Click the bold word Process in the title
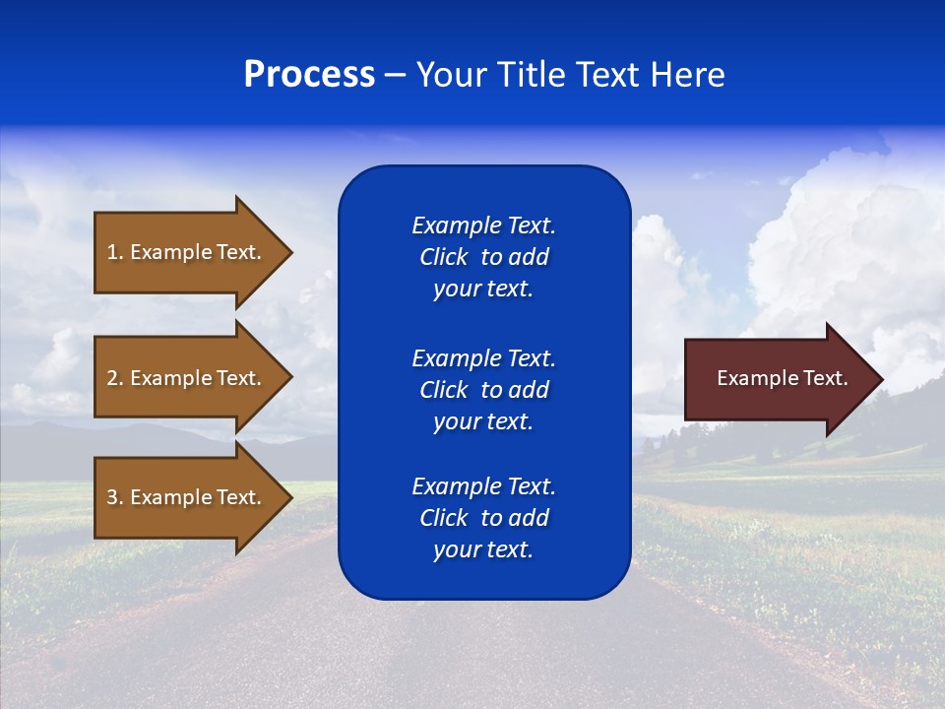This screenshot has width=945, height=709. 309,75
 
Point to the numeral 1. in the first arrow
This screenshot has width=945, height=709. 114,252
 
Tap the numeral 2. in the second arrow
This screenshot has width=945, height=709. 114,378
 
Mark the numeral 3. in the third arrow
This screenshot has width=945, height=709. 114,497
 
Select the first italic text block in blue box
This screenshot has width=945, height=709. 483,257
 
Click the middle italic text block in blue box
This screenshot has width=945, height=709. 483,390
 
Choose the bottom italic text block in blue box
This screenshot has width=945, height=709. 483,518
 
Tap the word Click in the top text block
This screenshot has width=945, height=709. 443,257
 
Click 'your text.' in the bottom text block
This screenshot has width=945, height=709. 483,549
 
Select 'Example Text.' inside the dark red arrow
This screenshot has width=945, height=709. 783,378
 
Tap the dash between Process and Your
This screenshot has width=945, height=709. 396,76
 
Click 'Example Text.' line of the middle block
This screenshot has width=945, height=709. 483,358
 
